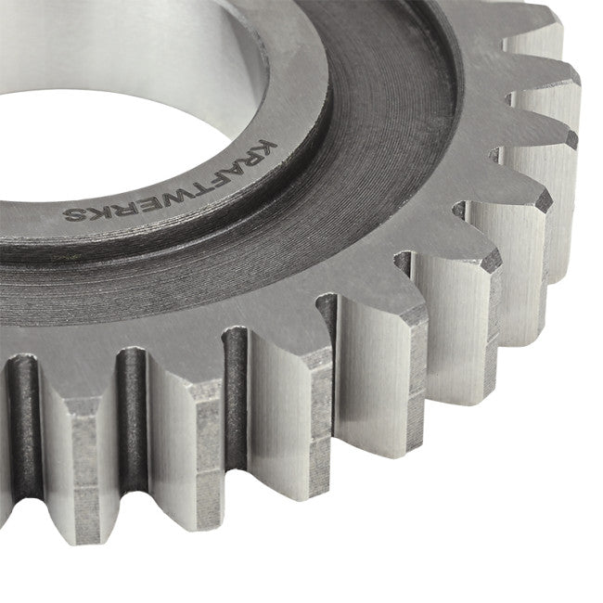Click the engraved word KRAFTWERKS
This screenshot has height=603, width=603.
pos(169,185)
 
